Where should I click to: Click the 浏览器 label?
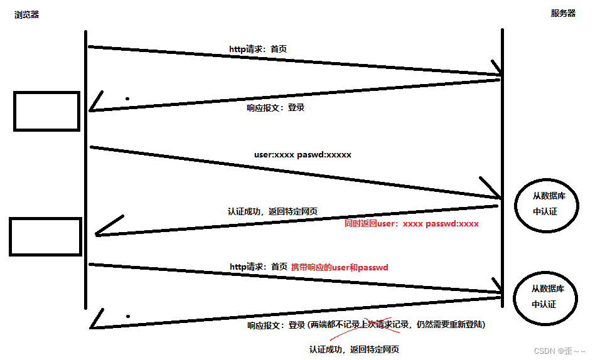tap(26, 14)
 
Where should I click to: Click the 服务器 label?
tap(563, 13)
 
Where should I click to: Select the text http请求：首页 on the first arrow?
tap(258, 48)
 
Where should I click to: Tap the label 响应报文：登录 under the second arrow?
tap(276, 108)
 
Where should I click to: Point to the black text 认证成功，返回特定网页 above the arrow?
tap(272, 212)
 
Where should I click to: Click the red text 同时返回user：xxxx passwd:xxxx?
tap(412, 223)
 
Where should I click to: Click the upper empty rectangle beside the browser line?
tap(46, 112)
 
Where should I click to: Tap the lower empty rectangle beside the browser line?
tap(45, 236)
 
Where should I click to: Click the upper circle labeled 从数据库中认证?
tap(545, 204)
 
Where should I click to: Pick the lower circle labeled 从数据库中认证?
tap(544, 297)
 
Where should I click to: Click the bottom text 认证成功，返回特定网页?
tap(354, 349)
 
